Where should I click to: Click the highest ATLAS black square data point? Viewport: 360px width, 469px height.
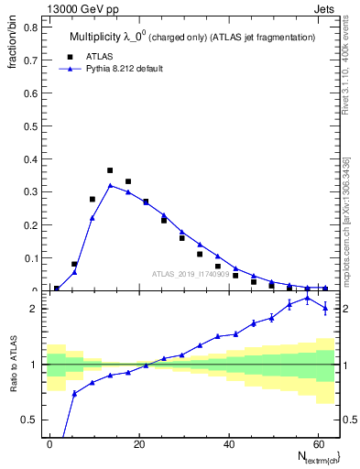coord(110,170)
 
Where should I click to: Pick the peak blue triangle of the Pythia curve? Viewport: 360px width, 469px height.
coord(110,185)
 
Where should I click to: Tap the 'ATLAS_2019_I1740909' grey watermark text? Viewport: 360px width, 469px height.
coord(191,274)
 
